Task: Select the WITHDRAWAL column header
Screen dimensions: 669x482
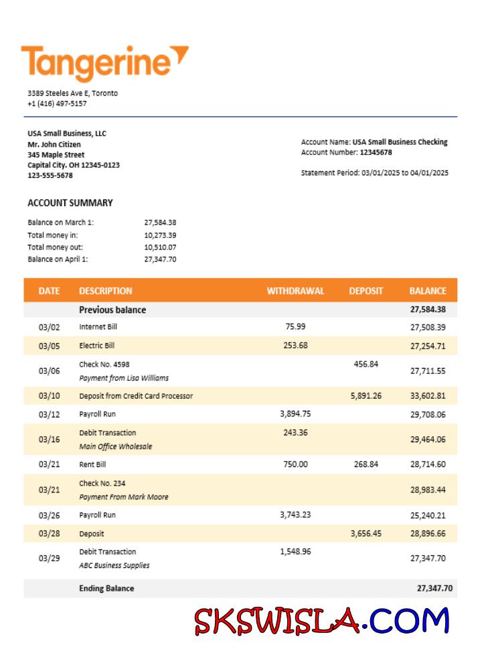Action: point(295,291)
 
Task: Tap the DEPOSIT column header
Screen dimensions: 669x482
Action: point(366,291)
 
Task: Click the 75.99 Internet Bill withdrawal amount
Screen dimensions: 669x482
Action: point(295,326)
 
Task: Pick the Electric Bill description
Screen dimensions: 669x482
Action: point(96,346)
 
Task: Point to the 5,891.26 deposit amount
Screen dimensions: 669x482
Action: point(366,396)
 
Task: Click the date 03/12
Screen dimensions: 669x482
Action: point(49,414)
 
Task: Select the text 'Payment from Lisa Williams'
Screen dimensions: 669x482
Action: point(124,378)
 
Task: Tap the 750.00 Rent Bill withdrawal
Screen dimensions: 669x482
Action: point(295,464)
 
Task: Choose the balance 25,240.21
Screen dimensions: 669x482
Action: point(428,515)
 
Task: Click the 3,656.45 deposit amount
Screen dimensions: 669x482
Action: point(366,534)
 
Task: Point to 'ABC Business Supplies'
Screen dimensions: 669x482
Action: point(114,565)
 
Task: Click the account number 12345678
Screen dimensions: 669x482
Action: point(376,153)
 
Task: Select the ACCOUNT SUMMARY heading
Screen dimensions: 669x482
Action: point(70,203)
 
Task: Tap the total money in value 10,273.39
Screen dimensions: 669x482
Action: point(160,235)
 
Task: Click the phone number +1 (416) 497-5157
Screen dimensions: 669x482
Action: point(57,104)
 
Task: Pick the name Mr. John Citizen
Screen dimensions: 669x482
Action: point(54,145)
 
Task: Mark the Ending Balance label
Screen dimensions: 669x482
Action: point(106,589)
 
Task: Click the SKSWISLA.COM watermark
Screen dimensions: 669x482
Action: point(321,621)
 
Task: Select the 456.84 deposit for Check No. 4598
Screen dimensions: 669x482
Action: point(366,364)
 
